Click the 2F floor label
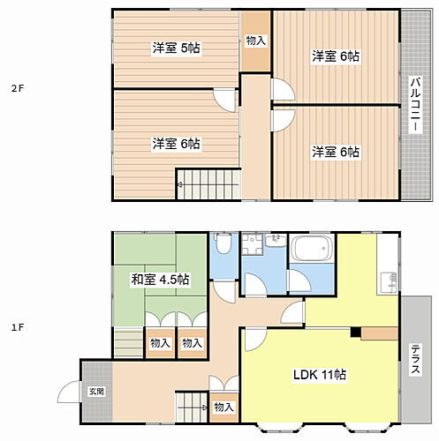click(x=16, y=88)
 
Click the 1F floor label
click(x=16, y=327)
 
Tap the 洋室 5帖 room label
click(x=174, y=48)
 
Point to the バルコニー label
click(x=413, y=105)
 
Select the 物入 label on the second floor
click(x=255, y=41)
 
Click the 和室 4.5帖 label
click(x=160, y=280)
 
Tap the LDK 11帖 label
click(x=319, y=374)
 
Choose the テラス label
click(x=414, y=359)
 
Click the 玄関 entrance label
click(x=95, y=391)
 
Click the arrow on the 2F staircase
click(x=179, y=185)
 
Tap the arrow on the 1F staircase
click(x=205, y=407)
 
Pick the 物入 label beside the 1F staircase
click(x=223, y=407)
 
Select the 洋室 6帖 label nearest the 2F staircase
click(x=174, y=143)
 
